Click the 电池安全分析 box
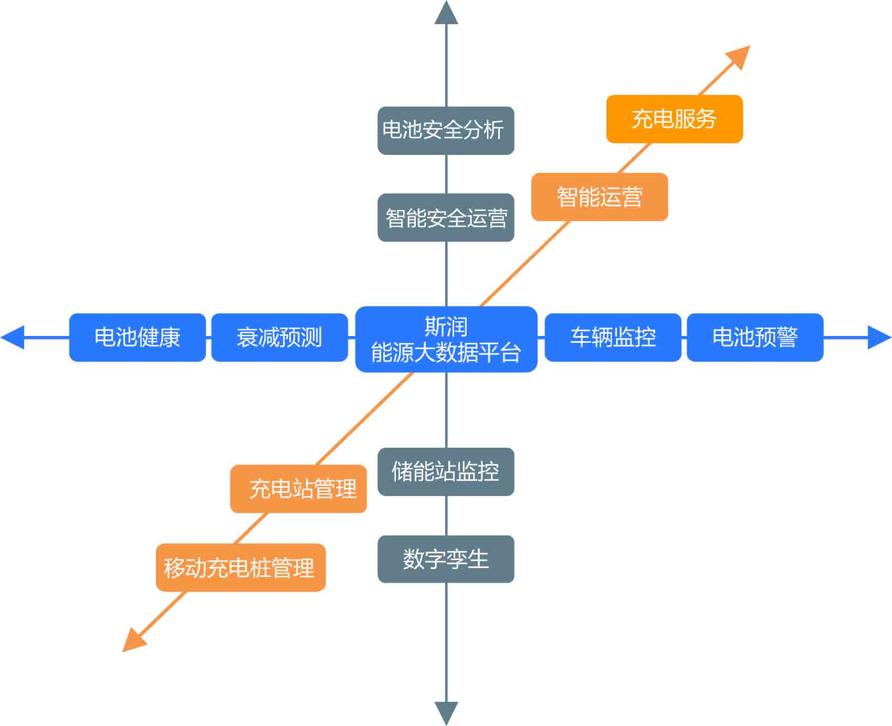pos(446,130)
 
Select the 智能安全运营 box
pos(446,217)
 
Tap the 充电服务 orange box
pos(674,119)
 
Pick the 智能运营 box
pos(600,197)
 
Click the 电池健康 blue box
pos(137,337)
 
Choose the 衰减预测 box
pos(279,337)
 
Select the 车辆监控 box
pos(613,337)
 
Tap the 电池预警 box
pos(755,337)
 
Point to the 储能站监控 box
pos(446,471)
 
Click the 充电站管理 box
pos(298,488)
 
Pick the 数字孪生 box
pos(446,559)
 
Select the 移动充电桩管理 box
pos(240,567)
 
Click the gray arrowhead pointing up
pos(446,14)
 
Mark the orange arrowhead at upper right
pos(739,57)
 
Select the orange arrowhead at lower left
pos(133,640)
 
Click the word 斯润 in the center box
pos(446,327)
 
